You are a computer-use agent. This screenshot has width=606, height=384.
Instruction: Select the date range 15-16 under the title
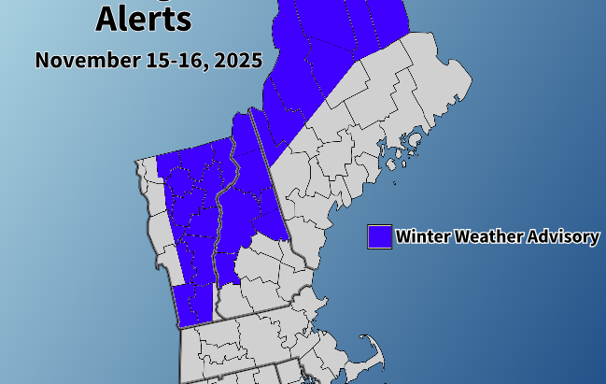[x=178, y=61]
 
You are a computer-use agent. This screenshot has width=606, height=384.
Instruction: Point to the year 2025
[x=237, y=61]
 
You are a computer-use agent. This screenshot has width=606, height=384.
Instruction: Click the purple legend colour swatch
[x=378, y=236]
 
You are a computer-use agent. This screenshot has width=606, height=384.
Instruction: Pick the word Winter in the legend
[x=422, y=236]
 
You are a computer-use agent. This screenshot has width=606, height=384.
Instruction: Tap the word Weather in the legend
[x=486, y=236]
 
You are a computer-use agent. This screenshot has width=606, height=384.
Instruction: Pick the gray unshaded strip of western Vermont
[x=161, y=224]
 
